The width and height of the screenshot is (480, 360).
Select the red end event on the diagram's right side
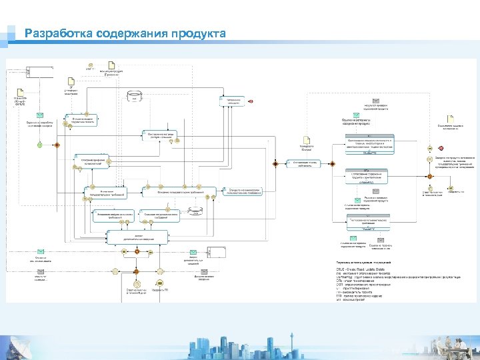click(x=441, y=147)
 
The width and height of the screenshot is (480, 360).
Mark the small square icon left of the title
click(x=12, y=34)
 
